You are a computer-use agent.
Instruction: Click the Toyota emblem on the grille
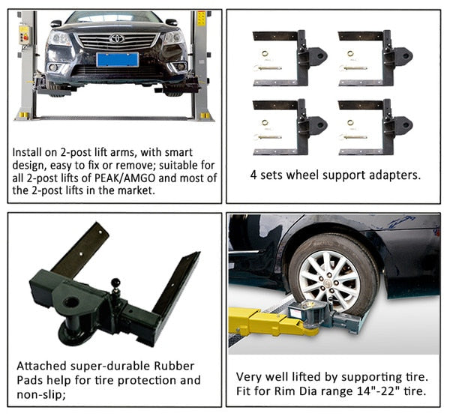(117, 38)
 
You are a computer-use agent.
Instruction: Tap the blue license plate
(118, 60)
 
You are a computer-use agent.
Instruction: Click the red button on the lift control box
(25, 37)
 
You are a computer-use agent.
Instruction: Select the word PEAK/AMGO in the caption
(125, 178)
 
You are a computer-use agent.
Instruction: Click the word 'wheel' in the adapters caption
(302, 175)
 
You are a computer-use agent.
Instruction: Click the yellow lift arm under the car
(273, 321)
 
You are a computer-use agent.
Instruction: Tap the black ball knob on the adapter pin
(115, 282)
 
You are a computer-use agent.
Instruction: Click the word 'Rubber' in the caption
(174, 366)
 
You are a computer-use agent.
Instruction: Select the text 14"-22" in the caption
(378, 391)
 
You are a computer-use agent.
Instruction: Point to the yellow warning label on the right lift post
(202, 18)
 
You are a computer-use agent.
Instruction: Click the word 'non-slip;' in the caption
(41, 395)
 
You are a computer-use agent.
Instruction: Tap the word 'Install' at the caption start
(26, 152)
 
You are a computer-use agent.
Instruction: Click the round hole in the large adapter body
(71, 302)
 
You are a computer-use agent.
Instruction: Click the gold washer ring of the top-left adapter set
(265, 54)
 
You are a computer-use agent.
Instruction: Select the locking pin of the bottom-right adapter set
(353, 137)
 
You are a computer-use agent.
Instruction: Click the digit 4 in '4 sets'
(253, 175)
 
